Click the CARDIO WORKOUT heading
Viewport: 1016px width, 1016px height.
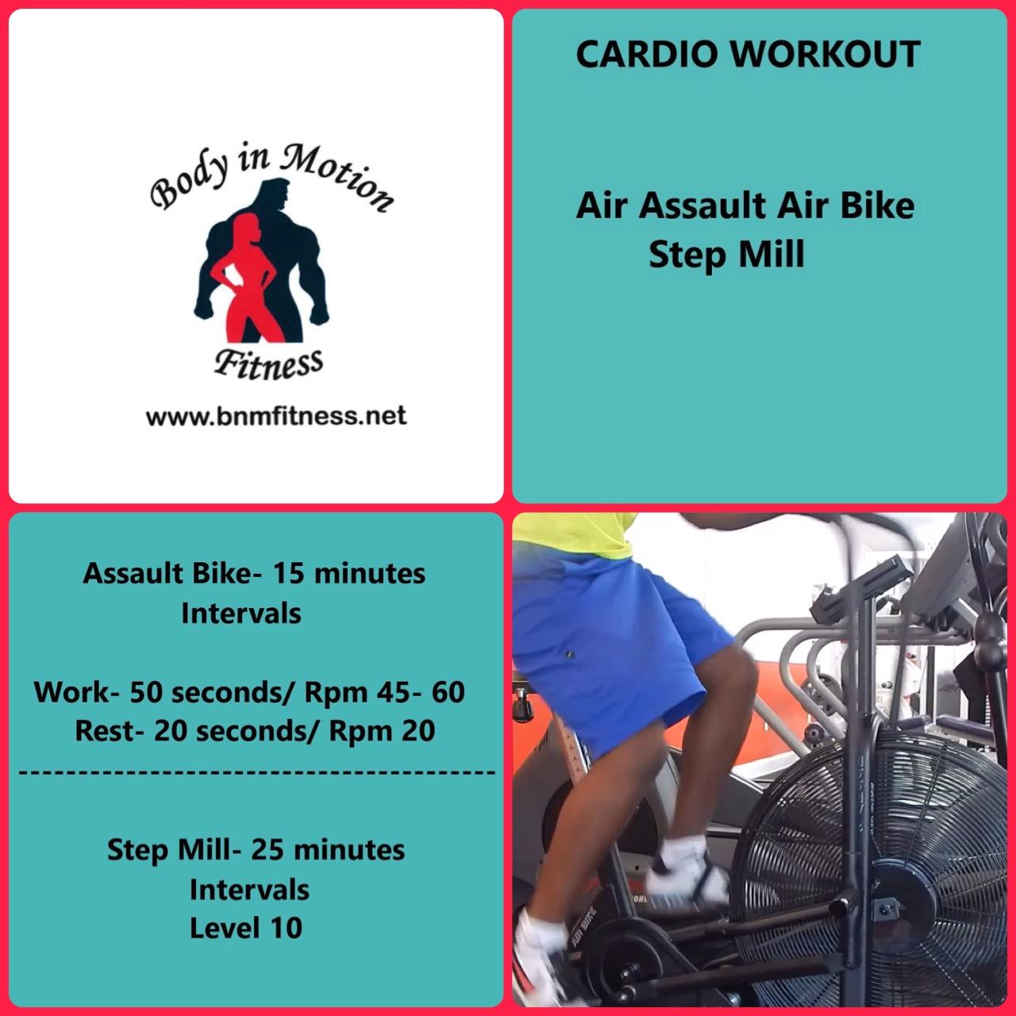tap(747, 54)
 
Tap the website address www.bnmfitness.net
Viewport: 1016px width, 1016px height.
tap(275, 415)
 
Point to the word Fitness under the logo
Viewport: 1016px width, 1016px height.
tap(269, 364)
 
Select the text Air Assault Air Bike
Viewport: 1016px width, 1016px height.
tap(745, 206)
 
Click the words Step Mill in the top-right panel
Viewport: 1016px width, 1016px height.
tap(726, 255)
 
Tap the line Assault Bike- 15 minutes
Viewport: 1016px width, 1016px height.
tap(254, 573)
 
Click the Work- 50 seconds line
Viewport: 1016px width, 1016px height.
tap(249, 692)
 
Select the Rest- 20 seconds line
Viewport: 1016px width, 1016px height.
tap(255, 730)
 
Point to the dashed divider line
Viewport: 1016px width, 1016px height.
tap(256, 771)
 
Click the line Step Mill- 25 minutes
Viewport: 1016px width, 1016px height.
tap(256, 849)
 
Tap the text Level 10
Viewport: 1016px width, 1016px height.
tap(246, 927)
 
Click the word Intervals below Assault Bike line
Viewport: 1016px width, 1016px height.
tap(241, 613)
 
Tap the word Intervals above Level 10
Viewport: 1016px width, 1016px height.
tap(249, 889)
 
